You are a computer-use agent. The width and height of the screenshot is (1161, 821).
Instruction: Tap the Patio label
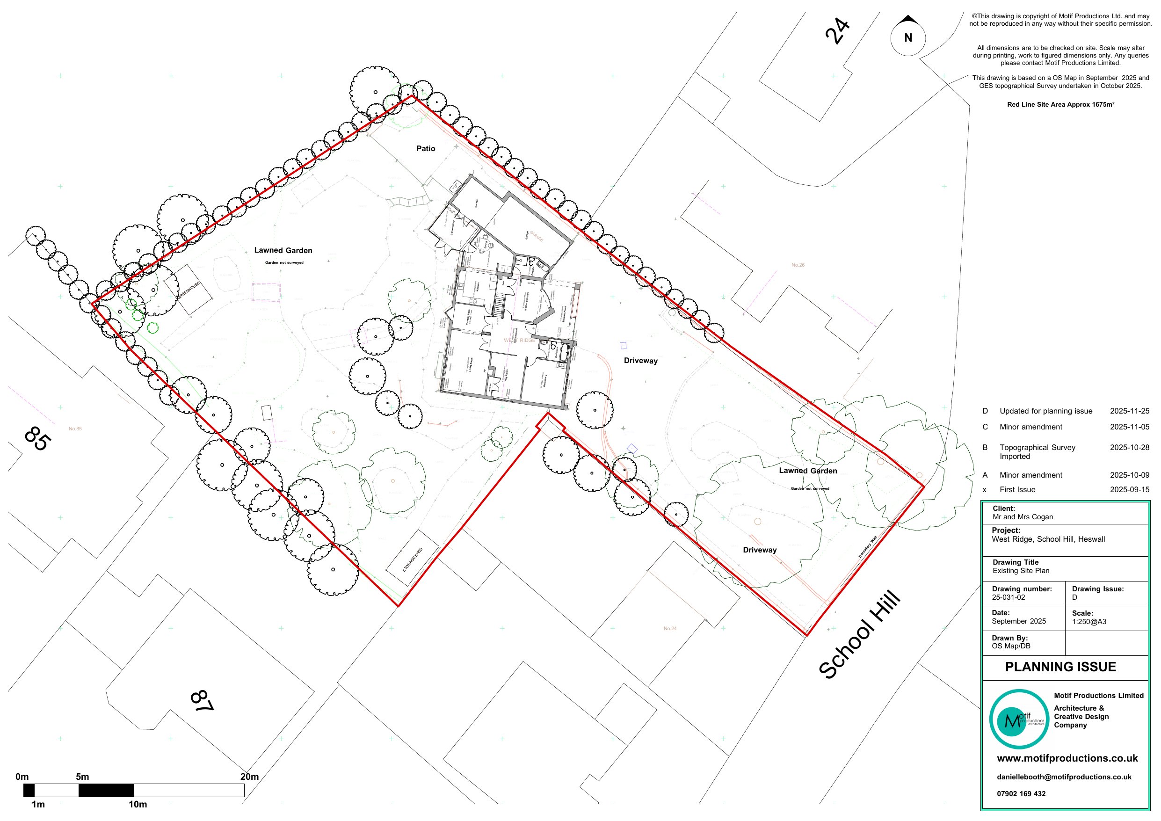click(x=425, y=148)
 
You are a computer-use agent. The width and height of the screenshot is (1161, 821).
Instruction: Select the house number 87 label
click(x=202, y=701)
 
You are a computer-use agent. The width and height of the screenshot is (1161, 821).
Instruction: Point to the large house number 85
click(x=37, y=438)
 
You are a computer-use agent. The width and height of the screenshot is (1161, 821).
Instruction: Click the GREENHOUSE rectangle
click(x=188, y=290)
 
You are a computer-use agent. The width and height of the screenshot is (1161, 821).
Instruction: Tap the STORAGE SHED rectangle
click(x=412, y=559)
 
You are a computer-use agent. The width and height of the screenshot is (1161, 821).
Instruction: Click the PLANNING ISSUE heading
click(x=1060, y=667)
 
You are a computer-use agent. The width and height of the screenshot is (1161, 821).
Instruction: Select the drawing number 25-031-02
click(x=1009, y=597)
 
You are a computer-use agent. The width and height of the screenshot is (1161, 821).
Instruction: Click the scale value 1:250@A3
click(x=1088, y=622)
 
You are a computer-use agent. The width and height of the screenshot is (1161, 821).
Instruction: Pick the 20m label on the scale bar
click(x=249, y=777)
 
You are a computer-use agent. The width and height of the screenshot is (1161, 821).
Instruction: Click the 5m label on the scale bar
click(x=82, y=777)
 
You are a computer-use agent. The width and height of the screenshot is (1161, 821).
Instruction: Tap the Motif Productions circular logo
click(x=1018, y=719)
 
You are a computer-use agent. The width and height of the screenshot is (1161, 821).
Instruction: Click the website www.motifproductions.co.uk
click(x=1067, y=758)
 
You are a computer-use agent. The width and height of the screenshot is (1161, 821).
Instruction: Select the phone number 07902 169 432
click(x=1021, y=794)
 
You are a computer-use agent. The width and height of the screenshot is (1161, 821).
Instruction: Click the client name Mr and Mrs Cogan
click(x=1023, y=517)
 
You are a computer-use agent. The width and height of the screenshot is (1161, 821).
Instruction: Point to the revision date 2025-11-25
click(x=1129, y=411)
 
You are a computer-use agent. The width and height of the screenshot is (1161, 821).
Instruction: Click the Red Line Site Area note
click(x=1060, y=105)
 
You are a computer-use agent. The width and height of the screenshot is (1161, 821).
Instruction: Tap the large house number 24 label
click(x=837, y=31)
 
